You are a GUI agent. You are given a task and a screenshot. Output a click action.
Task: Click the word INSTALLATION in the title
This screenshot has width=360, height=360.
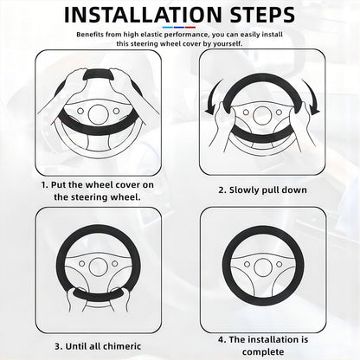coord(143,15)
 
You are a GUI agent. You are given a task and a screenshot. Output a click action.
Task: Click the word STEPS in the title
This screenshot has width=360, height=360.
coord(262,15)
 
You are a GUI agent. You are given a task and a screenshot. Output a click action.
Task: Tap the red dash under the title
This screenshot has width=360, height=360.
coord(190,28)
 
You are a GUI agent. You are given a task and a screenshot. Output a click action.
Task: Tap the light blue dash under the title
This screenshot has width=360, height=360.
coord(168,28)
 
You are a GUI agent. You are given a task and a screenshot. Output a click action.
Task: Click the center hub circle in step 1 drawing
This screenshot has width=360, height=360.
coord(98,114)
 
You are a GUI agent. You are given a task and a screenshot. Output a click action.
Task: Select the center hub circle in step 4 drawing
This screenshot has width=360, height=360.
coord(263,267)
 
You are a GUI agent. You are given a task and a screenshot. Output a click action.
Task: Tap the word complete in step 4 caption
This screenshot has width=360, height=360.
coord(263,352)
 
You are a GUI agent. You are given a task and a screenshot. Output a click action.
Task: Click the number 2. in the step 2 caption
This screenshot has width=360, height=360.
coord(222,190)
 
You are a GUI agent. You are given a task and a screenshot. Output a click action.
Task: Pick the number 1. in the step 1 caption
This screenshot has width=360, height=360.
coord(45,185)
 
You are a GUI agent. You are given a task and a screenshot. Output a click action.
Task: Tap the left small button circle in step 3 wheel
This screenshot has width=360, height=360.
coord(82,264)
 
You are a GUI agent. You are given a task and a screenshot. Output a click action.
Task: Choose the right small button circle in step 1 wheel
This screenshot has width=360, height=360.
coord(116,111)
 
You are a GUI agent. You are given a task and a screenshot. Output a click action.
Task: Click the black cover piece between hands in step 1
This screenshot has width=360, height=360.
coord(98,75)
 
